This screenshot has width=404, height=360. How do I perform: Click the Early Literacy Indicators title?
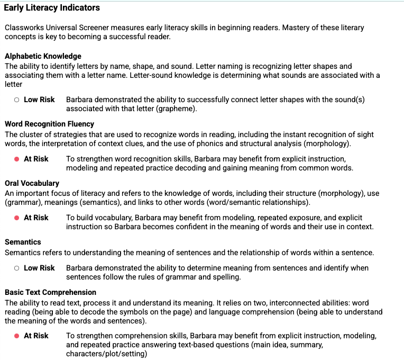[x=52, y=8]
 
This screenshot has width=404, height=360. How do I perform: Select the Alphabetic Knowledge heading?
[x=43, y=56]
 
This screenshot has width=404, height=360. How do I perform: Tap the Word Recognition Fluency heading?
[x=50, y=124]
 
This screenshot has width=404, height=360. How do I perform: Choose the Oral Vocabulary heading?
[x=32, y=183]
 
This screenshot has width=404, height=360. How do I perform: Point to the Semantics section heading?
[x=23, y=242]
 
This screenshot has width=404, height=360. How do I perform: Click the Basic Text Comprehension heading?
[x=50, y=292]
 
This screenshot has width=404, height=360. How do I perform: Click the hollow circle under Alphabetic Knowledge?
[x=17, y=100]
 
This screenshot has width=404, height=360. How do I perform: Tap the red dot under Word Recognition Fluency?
[x=17, y=159]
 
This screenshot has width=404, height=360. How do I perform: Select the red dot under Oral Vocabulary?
[x=17, y=218]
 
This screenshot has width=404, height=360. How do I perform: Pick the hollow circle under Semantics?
[x=17, y=268]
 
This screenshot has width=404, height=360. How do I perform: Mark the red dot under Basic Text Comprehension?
[x=17, y=336]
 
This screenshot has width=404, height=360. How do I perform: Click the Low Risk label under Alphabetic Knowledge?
[x=39, y=100]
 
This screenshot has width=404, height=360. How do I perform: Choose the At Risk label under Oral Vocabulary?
[x=36, y=218]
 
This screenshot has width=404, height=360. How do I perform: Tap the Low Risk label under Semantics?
[x=39, y=268]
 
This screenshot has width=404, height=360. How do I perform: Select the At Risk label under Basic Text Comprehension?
[x=36, y=336]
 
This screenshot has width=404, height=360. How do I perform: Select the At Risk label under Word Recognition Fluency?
[x=36, y=159]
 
